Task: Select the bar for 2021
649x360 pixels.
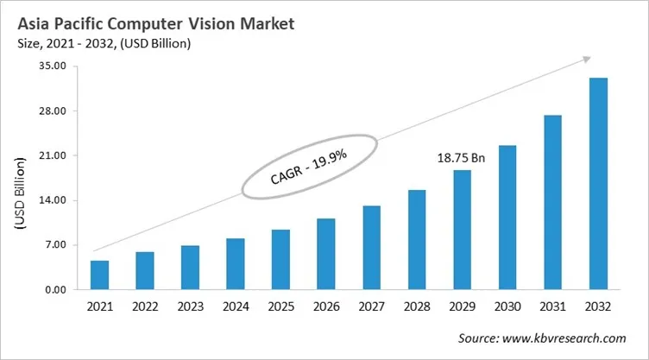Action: [x=99, y=275]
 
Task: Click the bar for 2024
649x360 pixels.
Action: [x=236, y=263]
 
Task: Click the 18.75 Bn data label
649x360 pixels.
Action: [x=461, y=159]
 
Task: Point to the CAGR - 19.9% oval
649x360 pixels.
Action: [x=309, y=166]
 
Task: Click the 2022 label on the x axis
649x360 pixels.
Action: [x=145, y=306]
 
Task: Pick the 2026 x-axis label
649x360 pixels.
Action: [x=325, y=306]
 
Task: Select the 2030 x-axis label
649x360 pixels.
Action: [x=507, y=306]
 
